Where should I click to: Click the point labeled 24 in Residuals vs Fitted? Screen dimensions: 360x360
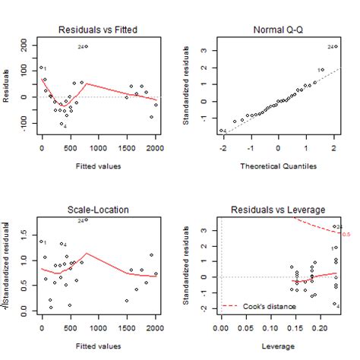point(87,46)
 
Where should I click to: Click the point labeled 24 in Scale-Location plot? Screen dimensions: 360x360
point(87,220)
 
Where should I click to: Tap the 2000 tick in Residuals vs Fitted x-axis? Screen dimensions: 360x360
point(155,147)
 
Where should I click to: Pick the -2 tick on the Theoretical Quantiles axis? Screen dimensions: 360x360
point(222,147)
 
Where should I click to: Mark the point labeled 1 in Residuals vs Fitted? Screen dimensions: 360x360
point(42,68)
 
